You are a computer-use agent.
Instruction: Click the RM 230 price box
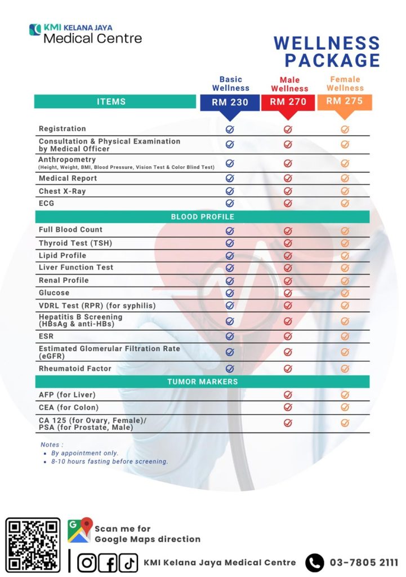pos(230,103)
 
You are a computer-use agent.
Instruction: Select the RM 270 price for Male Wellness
pos(288,103)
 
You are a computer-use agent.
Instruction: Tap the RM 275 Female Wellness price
pos(345,101)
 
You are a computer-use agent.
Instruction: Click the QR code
pos(33,544)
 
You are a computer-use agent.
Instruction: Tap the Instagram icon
pos(87,562)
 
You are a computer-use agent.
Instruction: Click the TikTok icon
pos(128,562)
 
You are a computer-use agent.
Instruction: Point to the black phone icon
pos(315,562)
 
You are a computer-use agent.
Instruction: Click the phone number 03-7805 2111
pos(364,562)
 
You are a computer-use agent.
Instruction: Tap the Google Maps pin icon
pos(79,530)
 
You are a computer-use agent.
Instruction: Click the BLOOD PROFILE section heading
pos(202,217)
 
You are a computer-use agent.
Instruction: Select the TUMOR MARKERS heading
pos(202,382)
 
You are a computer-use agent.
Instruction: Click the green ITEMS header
pos(111,102)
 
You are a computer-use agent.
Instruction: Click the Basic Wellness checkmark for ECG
pos(230,203)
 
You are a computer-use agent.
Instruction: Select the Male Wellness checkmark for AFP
pos(288,395)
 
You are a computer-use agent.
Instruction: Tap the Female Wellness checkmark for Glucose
pos(345,293)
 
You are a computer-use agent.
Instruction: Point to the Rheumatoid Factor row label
pos(75,369)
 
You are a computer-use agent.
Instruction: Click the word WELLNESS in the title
pos(327,43)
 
